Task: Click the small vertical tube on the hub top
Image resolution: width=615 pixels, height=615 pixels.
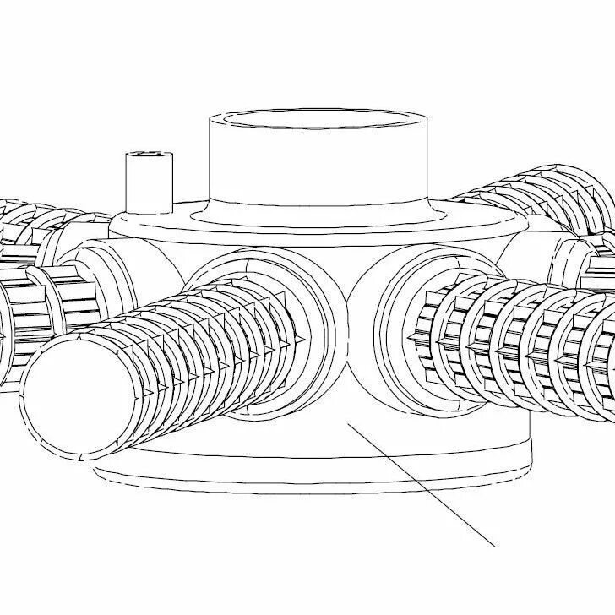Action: point(149,182)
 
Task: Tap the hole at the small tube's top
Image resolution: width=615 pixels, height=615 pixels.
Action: point(149,155)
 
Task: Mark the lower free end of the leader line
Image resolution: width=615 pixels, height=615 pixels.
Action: point(493,545)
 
